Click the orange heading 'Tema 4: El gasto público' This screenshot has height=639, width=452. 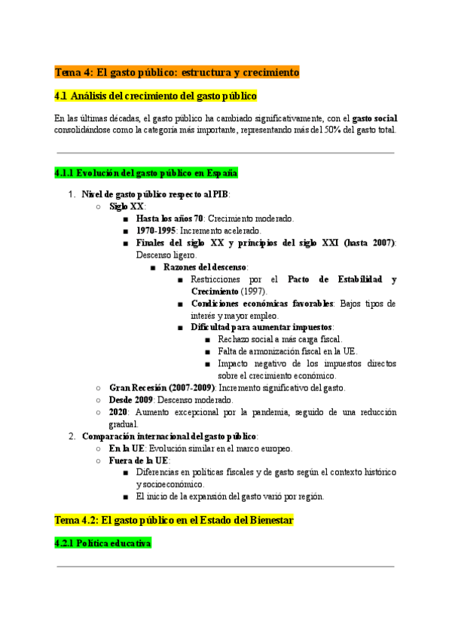176,72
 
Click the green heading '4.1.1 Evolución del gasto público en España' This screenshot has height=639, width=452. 146,173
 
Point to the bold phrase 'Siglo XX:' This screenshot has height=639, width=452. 127,206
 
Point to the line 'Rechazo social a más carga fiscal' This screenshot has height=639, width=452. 279,339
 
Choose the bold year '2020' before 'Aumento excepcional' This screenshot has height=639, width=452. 118,412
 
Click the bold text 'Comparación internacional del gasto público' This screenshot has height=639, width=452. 169,436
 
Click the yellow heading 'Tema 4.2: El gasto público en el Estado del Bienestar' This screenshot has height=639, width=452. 173,520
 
